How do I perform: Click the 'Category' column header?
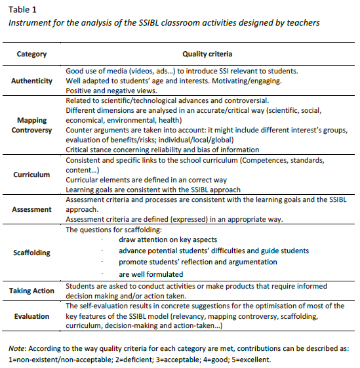pyautogui.click(x=31, y=54)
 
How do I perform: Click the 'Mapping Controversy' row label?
pyautogui.click(x=31, y=125)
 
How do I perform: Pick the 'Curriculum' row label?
pyautogui.click(x=31, y=175)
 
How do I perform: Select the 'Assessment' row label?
pyautogui.click(x=31, y=209)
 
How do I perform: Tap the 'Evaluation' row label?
pyautogui.click(x=31, y=316)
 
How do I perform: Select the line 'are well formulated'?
pyautogui.click(x=150, y=274)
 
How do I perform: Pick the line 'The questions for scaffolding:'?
pyautogui.click(x=111, y=230)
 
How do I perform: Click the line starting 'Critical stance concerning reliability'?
pyautogui.click(x=162, y=150)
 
